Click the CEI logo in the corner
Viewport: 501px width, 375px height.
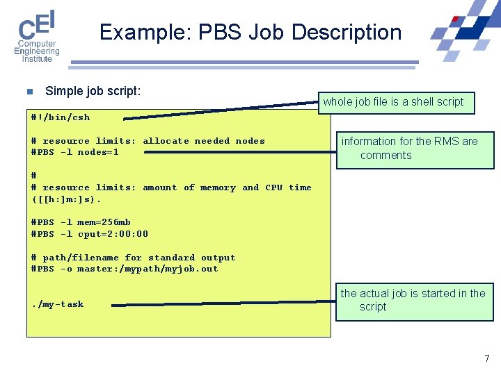(37, 36)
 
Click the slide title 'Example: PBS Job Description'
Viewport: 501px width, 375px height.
(250, 33)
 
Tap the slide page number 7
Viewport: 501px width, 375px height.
(487, 358)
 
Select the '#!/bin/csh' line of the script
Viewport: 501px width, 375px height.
(61, 117)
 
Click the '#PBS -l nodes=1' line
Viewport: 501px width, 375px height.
(75, 152)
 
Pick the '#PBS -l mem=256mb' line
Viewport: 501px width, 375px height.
(81, 222)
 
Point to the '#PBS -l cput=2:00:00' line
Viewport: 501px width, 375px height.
(90, 234)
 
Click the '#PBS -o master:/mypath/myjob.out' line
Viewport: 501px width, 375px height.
(125, 269)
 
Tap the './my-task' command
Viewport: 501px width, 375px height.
(58, 304)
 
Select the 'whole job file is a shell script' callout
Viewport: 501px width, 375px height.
(392, 102)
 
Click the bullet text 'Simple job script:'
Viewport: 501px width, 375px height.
(93, 91)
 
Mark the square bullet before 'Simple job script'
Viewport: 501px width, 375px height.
(29, 92)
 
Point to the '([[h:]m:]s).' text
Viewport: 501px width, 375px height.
(67, 199)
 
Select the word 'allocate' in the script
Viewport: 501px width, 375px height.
(166, 141)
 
